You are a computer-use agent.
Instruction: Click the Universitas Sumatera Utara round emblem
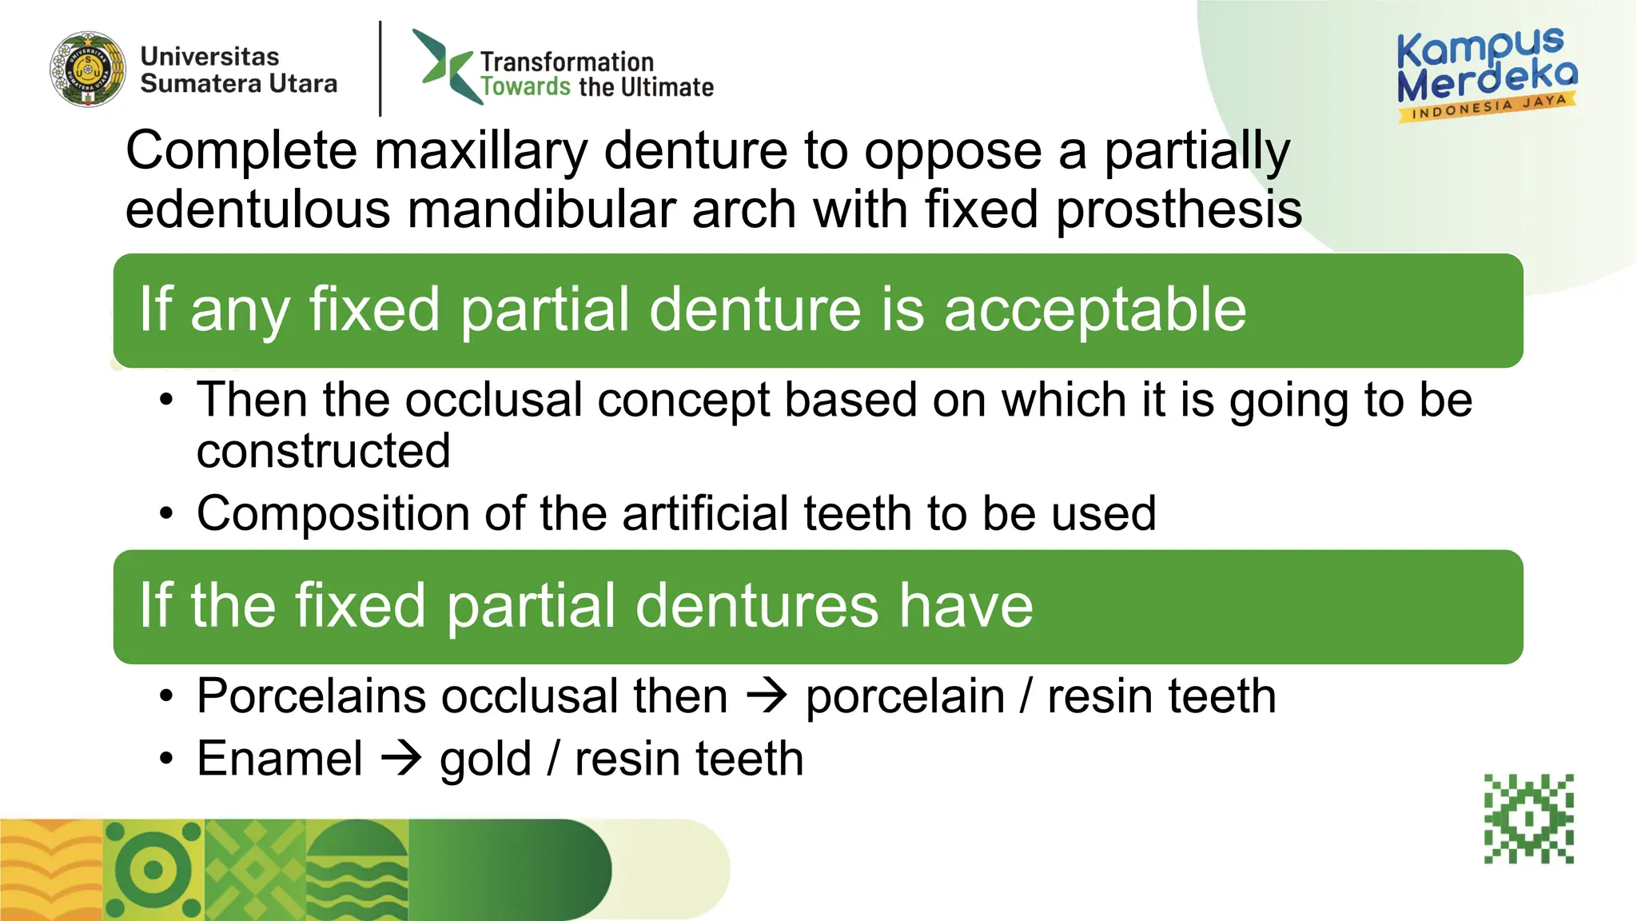pyautogui.click(x=88, y=70)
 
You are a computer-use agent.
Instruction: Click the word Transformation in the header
pyautogui.click(x=567, y=62)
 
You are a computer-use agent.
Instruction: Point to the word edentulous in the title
pyautogui.click(x=257, y=209)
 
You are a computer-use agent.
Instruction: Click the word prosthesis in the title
pyautogui.click(x=1179, y=209)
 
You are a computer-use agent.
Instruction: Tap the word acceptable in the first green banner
pyautogui.click(x=1094, y=309)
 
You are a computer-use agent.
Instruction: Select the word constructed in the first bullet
pyautogui.click(x=324, y=451)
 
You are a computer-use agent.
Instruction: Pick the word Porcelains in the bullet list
pyautogui.click(x=311, y=696)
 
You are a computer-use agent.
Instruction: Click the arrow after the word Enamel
pyautogui.click(x=400, y=758)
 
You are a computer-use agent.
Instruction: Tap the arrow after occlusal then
pyautogui.click(x=767, y=696)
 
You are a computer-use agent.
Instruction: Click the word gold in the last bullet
pyautogui.click(x=485, y=760)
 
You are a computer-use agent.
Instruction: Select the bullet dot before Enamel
pyautogui.click(x=165, y=758)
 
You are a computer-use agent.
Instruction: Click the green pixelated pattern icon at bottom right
pyautogui.click(x=1528, y=819)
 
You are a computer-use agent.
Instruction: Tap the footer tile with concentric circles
pyautogui.click(x=153, y=870)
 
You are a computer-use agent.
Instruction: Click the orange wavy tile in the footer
pyautogui.click(x=50, y=870)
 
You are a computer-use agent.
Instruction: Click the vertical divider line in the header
pyautogui.click(x=380, y=69)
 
